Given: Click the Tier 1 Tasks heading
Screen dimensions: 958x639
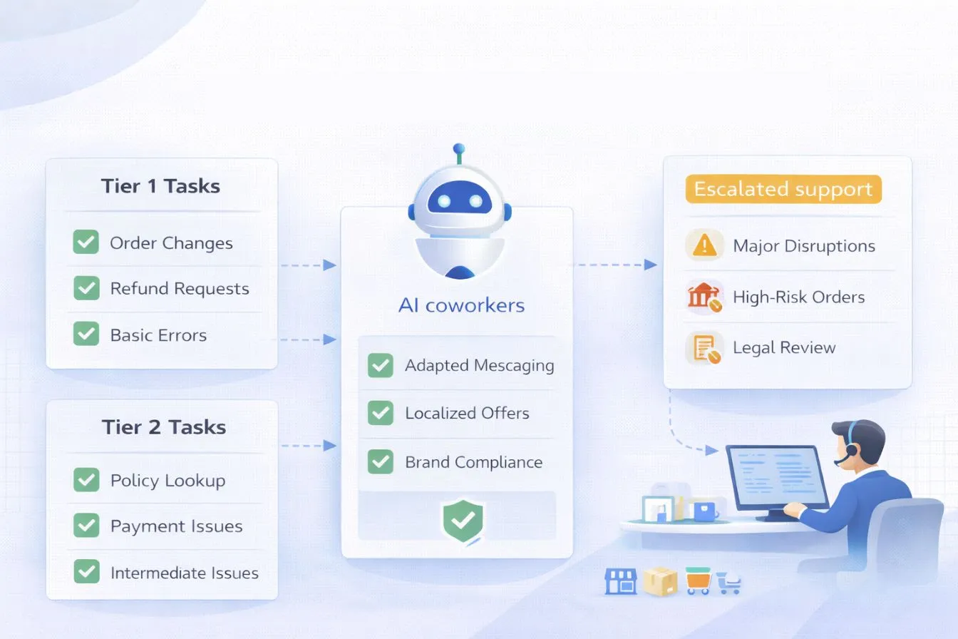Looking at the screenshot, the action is [x=160, y=186].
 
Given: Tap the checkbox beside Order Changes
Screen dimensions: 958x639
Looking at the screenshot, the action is [x=86, y=242].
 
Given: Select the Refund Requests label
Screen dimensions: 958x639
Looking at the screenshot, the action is [x=180, y=289].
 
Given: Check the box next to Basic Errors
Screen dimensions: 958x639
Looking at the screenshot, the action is [x=86, y=334].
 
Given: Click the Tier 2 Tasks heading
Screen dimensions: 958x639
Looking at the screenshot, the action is [x=163, y=427].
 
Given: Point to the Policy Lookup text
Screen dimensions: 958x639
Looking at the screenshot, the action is [x=168, y=481].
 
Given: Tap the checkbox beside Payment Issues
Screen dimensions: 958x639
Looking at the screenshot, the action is [x=86, y=526].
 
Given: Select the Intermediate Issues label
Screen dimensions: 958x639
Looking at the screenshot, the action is [x=184, y=573].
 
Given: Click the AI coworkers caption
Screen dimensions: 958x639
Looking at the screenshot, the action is [x=461, y=306].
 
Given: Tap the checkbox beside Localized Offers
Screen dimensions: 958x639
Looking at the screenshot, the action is [x=380, y=413].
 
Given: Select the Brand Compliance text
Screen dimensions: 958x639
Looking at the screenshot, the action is [x=473, y=462].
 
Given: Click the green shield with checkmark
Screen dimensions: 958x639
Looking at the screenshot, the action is [x=463, y=521].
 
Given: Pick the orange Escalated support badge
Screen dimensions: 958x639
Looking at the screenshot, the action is [x=783, y=190].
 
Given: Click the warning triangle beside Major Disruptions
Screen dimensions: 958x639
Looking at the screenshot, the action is [x=704, y=245].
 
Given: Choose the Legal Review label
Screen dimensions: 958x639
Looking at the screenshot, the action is [x=784, y=348].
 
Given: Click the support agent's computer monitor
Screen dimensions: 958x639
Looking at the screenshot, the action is [x=776, y=476].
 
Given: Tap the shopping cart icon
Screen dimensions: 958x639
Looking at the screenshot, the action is [x=728, y=583].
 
